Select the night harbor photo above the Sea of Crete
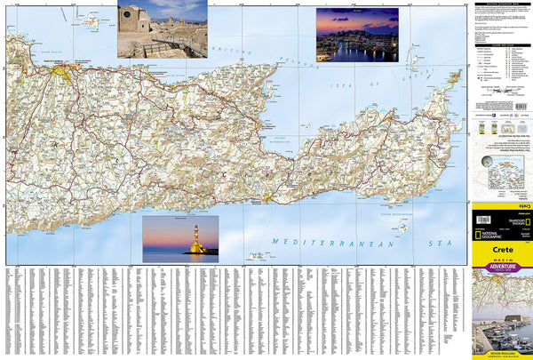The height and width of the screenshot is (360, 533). (x=356, y=35)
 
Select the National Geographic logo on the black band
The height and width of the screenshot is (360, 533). (x=497, y=239)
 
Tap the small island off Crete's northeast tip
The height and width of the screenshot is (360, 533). (x=453, y=74)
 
